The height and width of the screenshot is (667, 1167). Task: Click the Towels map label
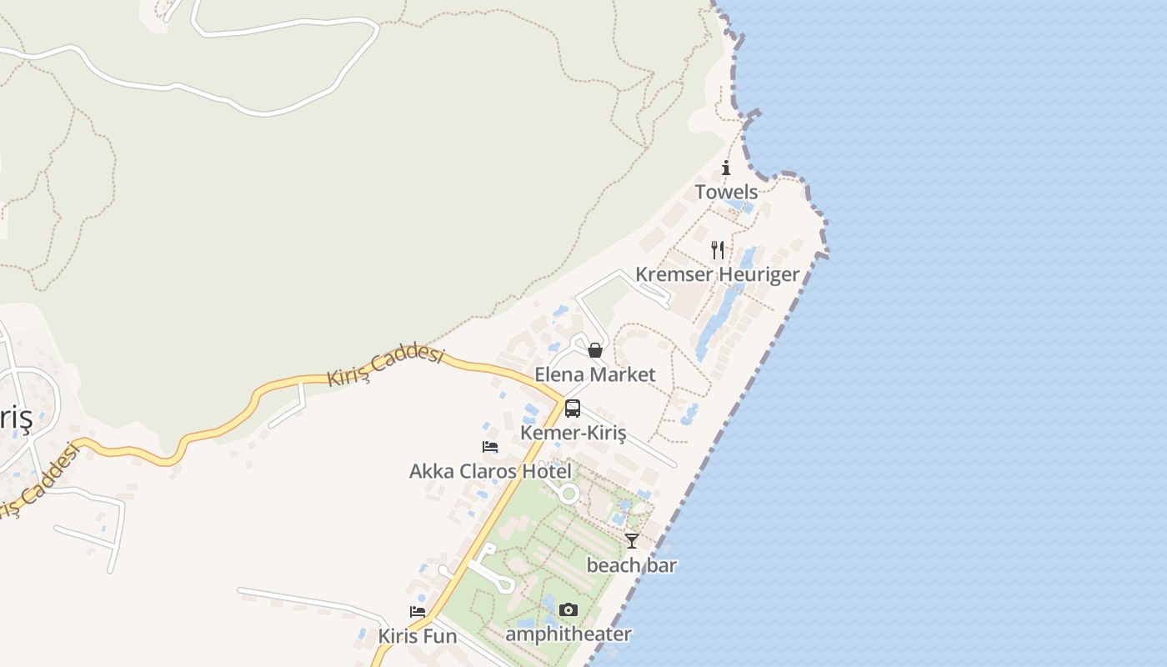pos(726,193)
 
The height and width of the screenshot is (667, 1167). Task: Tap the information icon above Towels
pos(726,168)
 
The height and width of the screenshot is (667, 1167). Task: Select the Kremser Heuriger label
pos(717,274)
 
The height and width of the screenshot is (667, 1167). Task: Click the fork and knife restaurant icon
pos(717,249)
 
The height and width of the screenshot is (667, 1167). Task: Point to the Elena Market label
pos(594,374)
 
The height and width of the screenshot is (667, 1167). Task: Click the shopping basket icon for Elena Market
pos(594,350)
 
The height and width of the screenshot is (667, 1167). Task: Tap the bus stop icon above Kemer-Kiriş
pos(573,409)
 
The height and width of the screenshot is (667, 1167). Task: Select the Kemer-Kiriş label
pos(573,433)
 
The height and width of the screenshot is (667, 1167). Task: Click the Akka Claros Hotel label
pos(490,471)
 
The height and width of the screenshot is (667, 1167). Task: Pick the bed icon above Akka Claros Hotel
pos(490,447)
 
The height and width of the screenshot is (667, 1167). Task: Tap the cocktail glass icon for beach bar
pos(632,541)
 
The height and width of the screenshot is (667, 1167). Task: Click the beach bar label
pos(632,565)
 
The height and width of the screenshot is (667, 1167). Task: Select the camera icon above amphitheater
pos(568,610)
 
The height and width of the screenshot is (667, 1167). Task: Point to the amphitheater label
pos(568,634)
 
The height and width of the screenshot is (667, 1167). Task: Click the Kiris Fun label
pos(417,637)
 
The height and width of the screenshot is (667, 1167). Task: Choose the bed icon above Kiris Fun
pos(417,612)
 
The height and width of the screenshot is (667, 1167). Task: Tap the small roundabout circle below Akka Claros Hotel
pos(569,494)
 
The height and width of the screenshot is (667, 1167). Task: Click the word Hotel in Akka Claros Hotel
pos(547,471)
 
